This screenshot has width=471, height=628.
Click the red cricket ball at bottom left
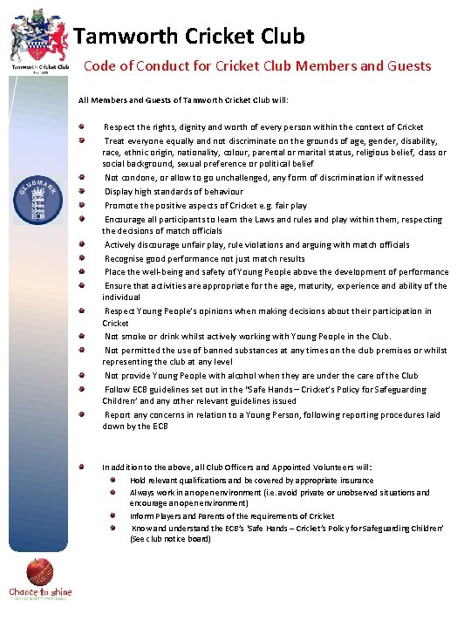point(39,572)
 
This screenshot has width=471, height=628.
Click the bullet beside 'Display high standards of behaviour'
point(81,191)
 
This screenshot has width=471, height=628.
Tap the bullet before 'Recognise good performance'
point(81,258)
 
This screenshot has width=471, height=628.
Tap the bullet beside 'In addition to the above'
point(81,467)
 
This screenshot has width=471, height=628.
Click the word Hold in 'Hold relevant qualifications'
point(138,480)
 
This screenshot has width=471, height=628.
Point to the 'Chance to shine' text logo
point(40,594)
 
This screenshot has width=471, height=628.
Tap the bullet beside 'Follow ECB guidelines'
point(81,389)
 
